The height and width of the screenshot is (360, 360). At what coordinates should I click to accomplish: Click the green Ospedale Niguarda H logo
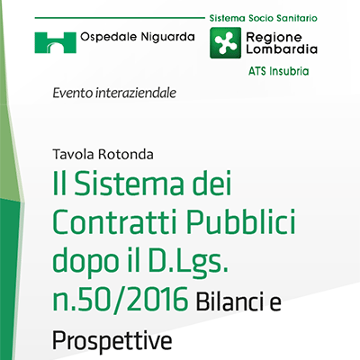(x=55, y=42)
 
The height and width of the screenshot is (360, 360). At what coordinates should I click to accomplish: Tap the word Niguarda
(x=168, y=37)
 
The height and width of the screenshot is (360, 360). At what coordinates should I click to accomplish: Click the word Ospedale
(x=109, y=37)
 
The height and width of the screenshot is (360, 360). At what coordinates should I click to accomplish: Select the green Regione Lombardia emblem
(x=225, y=42)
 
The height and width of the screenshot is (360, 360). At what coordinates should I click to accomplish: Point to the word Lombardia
(x=282, y=49)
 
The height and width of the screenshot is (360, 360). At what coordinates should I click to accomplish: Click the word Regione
(x=274, y=37)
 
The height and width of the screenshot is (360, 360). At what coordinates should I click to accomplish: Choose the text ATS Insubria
(x=278, y=71)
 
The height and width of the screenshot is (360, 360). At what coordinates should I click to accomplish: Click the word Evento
(x=73, y=93)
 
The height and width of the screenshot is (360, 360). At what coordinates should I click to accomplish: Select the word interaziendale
(x=136, y=93)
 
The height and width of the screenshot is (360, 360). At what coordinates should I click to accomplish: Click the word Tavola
(x=74, y=155)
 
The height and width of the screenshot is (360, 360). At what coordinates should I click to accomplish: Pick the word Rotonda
(x=126, y=155)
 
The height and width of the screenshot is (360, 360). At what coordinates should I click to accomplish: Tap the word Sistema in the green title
(x=129, y=184)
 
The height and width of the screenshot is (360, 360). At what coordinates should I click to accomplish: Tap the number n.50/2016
(x=121, y=300)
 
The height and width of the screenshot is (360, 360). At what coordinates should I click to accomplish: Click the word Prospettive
(x=112, y=340)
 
